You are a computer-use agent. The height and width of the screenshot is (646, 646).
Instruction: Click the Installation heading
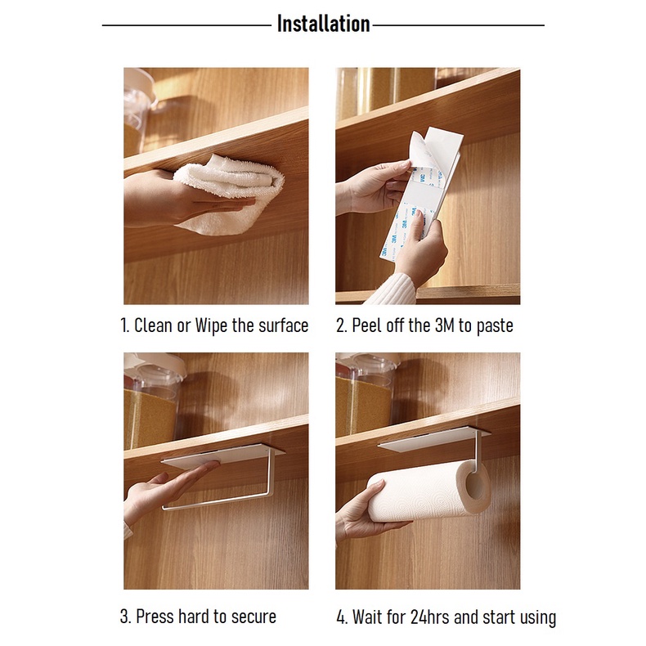click(x=324, y=24)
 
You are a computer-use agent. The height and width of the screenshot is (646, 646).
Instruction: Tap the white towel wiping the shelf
click(x=230, y=194)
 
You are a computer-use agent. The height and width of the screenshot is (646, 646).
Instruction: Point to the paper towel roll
click(x=428, y=491)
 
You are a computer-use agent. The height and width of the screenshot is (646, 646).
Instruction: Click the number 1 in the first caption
click(x=123, y=325)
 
